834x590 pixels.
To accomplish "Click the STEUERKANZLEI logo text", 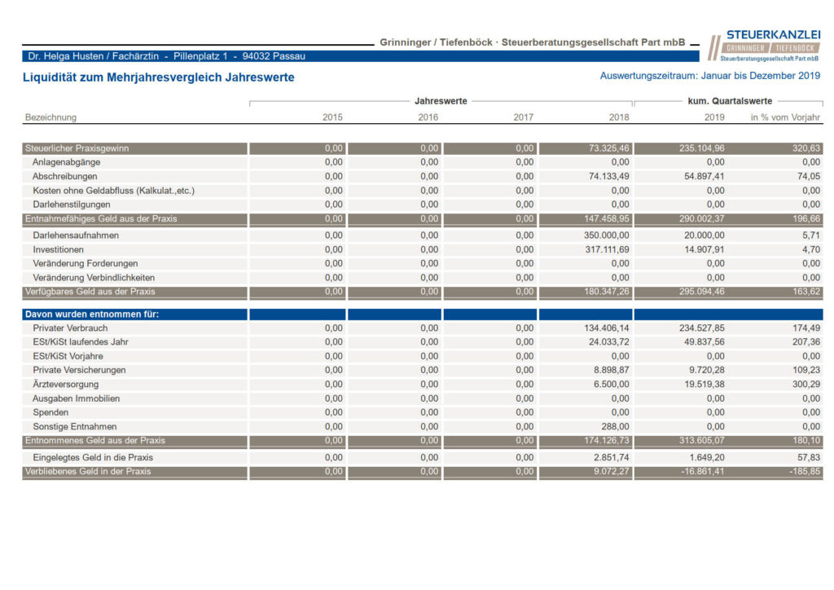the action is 774,34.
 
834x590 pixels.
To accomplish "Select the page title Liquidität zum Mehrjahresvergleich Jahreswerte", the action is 159,77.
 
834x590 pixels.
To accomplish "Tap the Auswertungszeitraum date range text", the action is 710,76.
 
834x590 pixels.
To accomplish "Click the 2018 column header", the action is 619,117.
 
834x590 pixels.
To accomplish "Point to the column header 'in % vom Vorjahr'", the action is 785,117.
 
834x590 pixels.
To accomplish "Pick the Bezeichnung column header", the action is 50,117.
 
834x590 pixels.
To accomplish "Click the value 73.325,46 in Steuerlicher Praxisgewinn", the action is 608,148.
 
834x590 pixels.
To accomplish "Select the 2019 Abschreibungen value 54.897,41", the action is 705,176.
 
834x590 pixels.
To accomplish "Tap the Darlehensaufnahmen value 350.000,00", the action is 606,236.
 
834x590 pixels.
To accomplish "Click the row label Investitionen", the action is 58,249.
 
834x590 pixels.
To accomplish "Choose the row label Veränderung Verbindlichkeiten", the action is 94,278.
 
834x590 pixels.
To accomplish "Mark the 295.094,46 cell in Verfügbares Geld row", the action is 701,292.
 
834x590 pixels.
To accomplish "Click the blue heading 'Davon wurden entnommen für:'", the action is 92,315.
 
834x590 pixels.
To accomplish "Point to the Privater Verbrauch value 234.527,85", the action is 701,328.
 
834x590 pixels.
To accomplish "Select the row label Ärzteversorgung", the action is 65,384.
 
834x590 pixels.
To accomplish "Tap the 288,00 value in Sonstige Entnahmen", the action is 615,427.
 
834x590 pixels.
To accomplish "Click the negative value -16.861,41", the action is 703,471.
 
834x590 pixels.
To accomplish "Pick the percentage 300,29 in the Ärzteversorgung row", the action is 806,384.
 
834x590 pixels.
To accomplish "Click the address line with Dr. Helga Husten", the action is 166,56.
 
